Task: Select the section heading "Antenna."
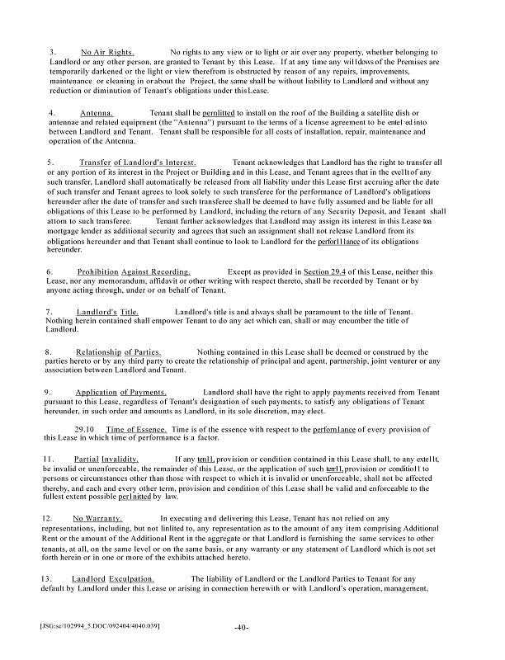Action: tap(97, 112)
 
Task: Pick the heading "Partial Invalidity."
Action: tap(106, 459)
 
